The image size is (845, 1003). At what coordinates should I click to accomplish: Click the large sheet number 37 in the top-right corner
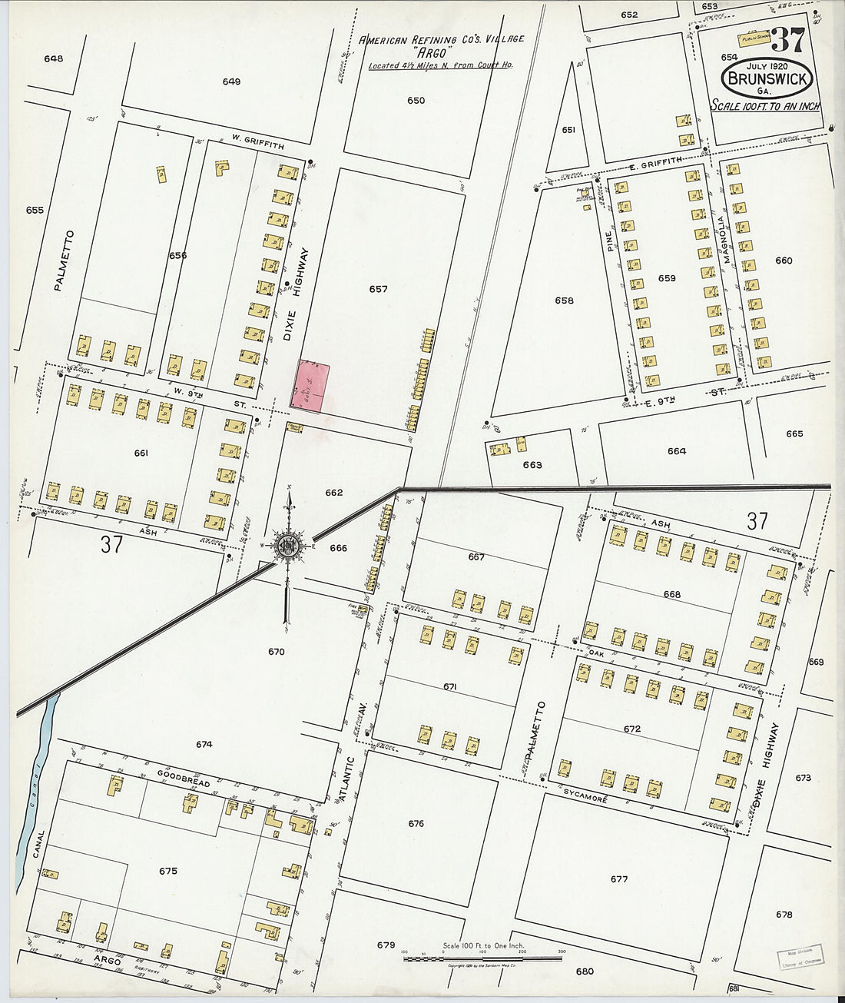[x=787, y=39]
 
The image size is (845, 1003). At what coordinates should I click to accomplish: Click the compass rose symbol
[x=289, y=546]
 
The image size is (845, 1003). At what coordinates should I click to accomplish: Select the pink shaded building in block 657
[x=311, y=386]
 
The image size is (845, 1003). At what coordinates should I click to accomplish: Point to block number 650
[x=416, y=101]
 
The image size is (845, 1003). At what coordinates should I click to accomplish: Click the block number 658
[x=564, y=301]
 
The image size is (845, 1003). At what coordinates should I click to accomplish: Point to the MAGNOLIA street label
[x=723, y=239]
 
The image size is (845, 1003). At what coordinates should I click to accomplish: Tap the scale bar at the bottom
[x=482, y=958]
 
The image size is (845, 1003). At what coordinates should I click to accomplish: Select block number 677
[x=619, y=879]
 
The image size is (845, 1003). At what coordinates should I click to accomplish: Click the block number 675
[x=167, y=871]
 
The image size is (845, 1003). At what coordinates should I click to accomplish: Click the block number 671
[x=449, y=686]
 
